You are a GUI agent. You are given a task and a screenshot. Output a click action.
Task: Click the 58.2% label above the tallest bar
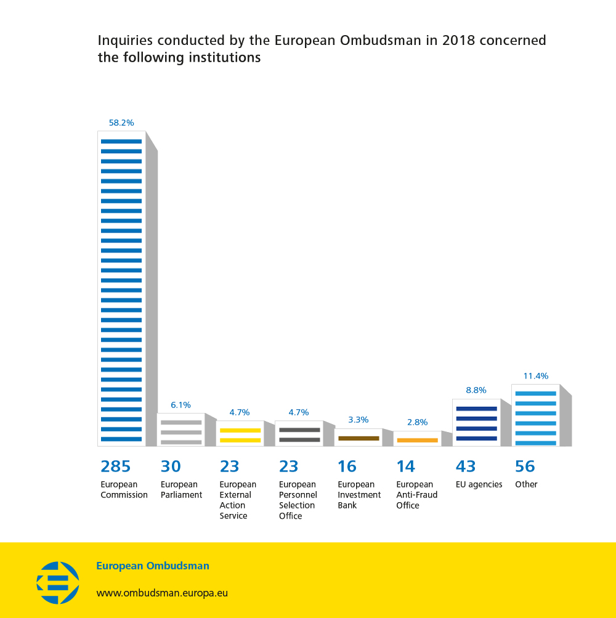pyautogui.click(x=121, y=123)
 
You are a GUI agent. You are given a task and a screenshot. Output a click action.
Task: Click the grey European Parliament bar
pyautogui.click(x=181, y=430)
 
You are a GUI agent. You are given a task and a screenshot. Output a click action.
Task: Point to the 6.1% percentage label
pyautogui.click(x=181, y=405)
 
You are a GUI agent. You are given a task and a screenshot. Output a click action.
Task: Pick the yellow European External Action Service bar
pyautogui.click(x=240, y=434)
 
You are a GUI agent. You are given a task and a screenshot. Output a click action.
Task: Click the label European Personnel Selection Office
pyautogui.click(x=298, y=500)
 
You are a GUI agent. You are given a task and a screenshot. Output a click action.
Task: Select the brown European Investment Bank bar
pyautogui.click(x=359, y=438)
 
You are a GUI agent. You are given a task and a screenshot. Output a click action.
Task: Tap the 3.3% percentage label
pyautogui.click(x=359, y=420)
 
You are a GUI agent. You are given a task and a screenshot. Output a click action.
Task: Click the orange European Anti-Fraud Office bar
pyautogui.click(x=417, y=439)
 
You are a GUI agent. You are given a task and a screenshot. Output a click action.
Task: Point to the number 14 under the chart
pyautogui.click(x=406, y=467)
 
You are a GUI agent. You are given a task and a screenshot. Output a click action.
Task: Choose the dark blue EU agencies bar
pyautogui.click(x=476, y=423)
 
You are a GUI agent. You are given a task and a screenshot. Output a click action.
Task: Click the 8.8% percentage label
pyautogui.click(x=476, y=390)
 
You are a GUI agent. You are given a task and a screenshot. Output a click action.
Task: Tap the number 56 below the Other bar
pyautogui.click(x=525, y=467)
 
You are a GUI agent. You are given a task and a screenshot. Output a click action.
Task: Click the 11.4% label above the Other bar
pyautogui.click(x=535, y=376)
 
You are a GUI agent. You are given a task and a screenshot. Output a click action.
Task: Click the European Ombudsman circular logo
pyautogui.click(x=58, y=582)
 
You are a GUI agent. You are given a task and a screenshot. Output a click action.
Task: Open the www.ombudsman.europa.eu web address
pyautogui.click(x=162, y=593)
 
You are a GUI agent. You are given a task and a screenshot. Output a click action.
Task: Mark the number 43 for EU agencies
pyautogui.click(x=466, y=467)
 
